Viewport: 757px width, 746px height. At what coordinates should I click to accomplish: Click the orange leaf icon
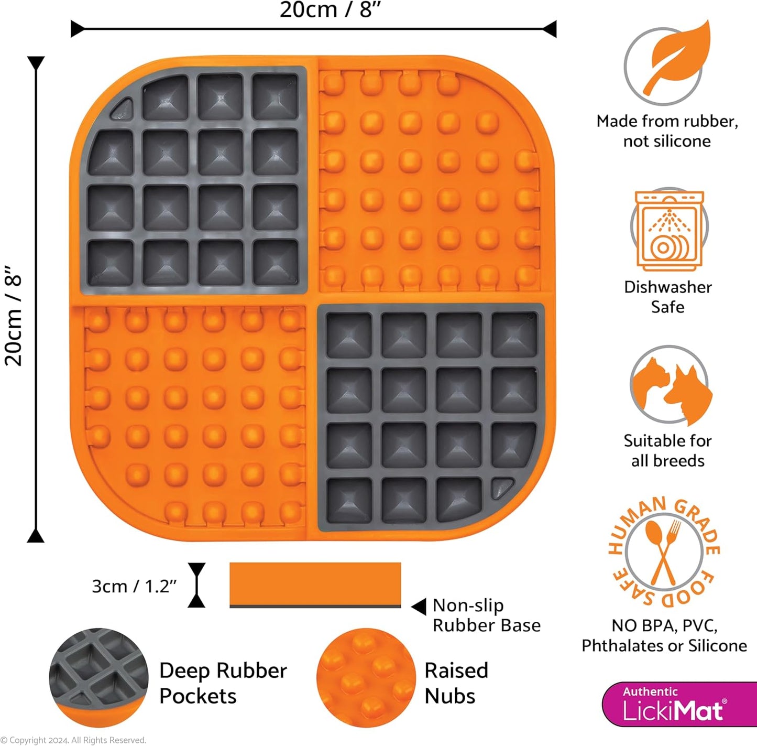pos(676,59)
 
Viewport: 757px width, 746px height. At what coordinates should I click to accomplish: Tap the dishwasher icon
pos(669,231)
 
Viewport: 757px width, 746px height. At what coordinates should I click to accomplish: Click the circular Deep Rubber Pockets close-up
pos(98,678)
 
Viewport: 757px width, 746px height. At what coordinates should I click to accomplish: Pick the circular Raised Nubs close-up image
pos(366,678)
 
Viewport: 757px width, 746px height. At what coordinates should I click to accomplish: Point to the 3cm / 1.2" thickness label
pos(134,586)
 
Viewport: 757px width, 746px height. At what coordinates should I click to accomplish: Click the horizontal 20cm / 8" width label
pos(331,10)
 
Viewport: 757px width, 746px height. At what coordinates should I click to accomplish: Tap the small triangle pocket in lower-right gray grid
pos(502,487)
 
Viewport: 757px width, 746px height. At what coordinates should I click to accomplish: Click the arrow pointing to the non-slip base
pos(419,607)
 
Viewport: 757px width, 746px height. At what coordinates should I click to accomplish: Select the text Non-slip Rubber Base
pos(486,615)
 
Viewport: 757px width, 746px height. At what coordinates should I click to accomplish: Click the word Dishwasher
pos(668,287)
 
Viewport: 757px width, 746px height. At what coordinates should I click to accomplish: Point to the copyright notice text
pos(73,740)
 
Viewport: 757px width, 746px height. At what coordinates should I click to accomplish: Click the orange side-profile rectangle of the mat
pos(315,583)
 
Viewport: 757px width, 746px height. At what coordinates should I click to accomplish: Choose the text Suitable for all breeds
pos(668,451)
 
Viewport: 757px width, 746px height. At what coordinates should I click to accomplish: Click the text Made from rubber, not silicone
pos(667,131)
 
